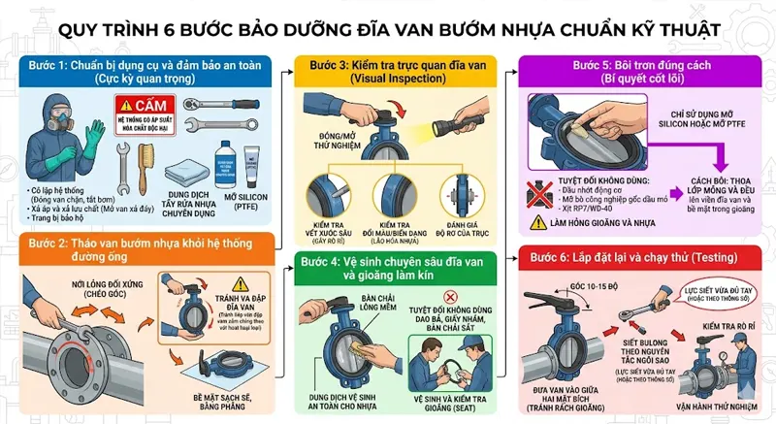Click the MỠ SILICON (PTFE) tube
(x=255, y=156)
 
